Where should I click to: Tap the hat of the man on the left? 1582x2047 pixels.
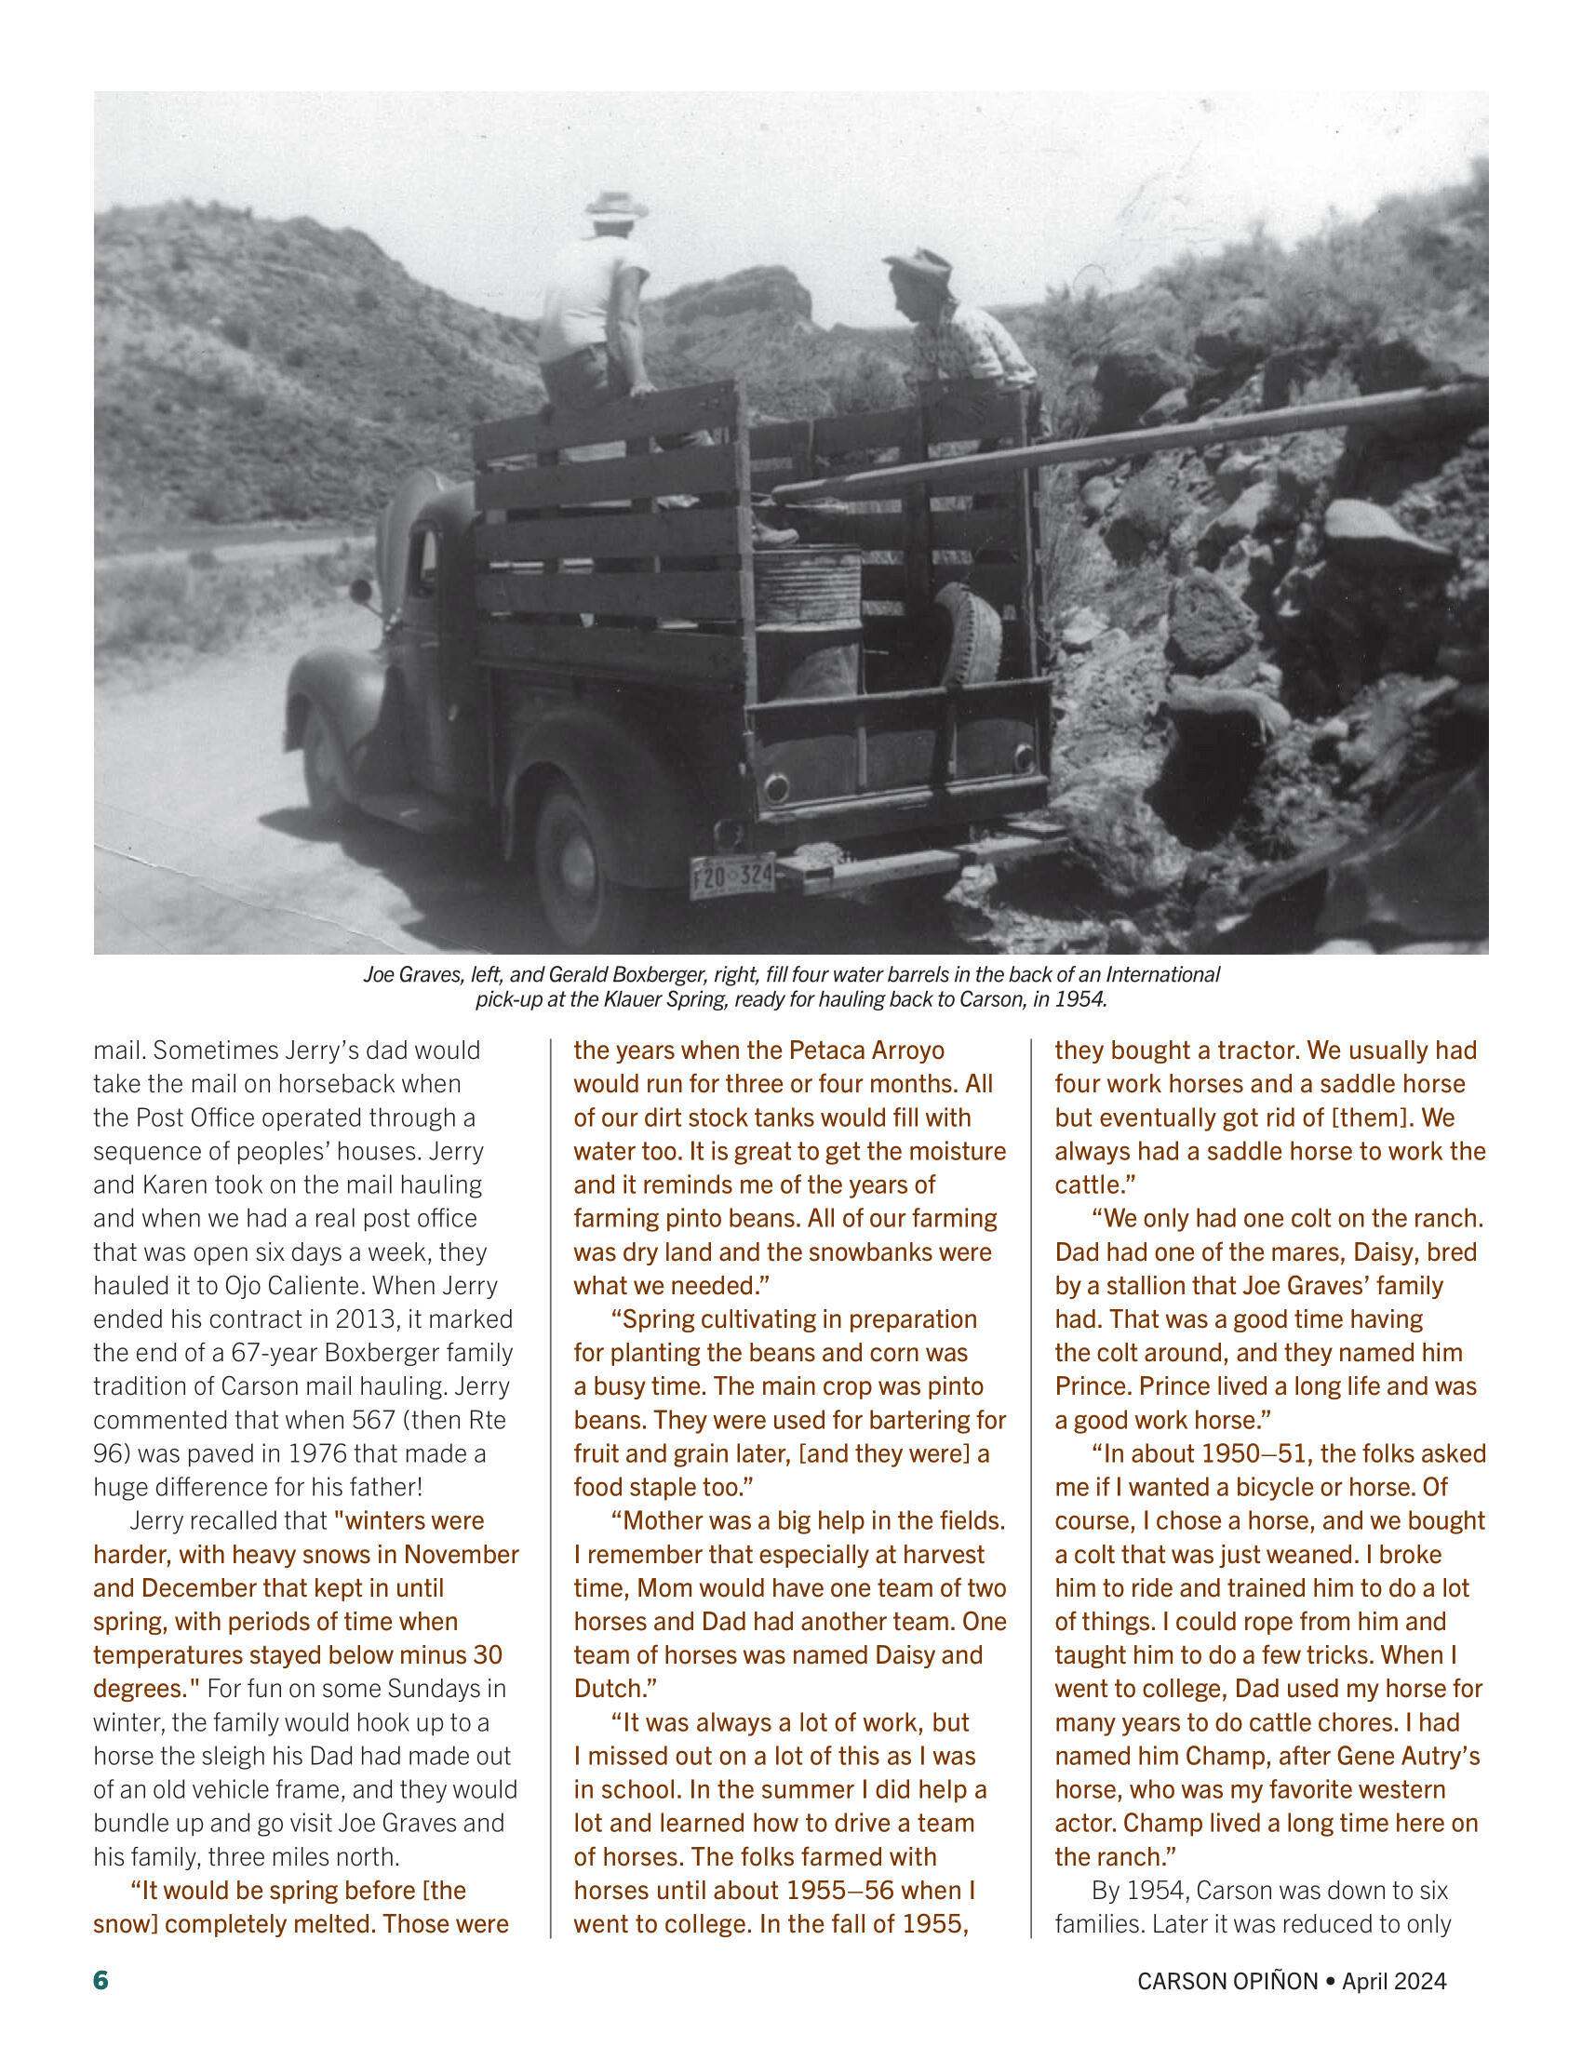[616, 205]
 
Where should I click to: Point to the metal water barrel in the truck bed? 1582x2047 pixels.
[808, 587]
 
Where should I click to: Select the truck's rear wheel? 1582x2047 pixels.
[573, 867]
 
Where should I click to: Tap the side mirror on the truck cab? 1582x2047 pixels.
[361, 591]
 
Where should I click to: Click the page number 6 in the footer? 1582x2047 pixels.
[101, 1980]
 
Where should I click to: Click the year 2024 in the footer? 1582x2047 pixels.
[1420, 1981]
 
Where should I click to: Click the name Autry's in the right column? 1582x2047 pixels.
[1439, 1756]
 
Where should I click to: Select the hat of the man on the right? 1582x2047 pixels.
[920, 268]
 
